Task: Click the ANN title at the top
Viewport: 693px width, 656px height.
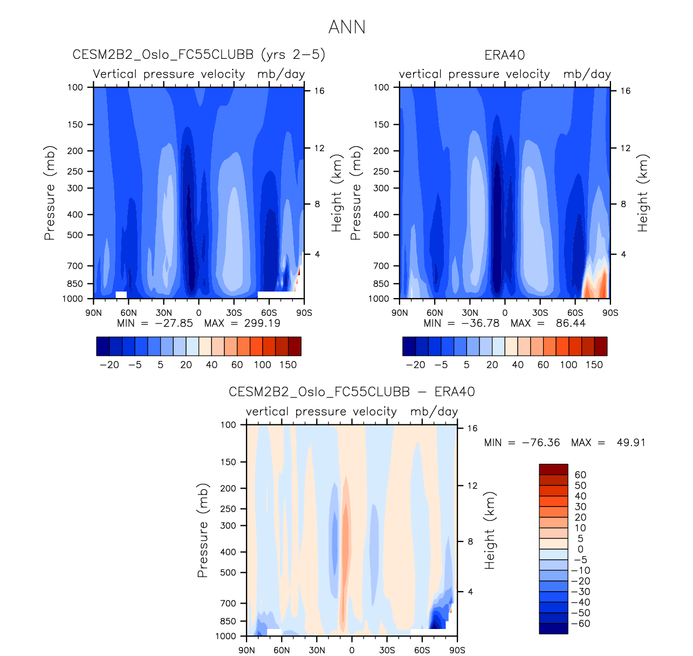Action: point(347,27)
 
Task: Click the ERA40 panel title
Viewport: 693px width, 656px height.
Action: point(505,55)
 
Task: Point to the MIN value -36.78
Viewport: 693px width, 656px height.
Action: point(480,323)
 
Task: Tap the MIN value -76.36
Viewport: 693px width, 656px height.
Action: point(541,443)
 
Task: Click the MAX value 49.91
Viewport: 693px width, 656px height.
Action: point(631,443)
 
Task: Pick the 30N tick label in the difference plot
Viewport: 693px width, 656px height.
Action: point(317,650)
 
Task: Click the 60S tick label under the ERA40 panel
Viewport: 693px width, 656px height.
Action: point(575,313)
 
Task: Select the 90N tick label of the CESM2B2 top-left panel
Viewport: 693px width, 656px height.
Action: point(93,313)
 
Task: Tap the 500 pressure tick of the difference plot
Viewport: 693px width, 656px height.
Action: point(229,572)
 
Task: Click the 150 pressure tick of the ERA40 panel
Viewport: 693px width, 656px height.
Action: point(381,125)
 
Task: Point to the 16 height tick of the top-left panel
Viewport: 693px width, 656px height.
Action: point(319,91)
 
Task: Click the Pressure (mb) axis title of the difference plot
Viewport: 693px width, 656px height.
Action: point(202,530)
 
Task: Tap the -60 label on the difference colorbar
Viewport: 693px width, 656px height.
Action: point(580,624)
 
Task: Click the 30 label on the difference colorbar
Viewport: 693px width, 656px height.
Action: point(580,506)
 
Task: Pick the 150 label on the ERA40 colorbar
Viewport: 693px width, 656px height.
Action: point(594,364)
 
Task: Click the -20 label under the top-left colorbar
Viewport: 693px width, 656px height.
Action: point(109,364)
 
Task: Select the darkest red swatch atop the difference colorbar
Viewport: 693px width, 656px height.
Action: point(553,469)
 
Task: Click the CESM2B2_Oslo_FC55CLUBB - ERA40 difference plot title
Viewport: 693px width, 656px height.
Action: point(352,392)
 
